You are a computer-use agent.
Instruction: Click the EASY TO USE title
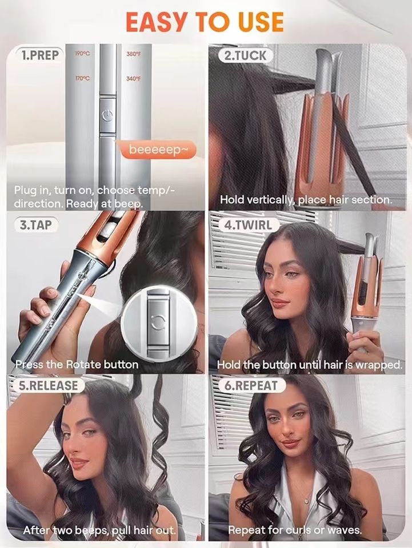pos(205,22)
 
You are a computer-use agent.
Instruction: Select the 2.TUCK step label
pos(245,55)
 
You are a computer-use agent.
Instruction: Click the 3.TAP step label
pos(35,225)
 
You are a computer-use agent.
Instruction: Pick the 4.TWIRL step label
pos(247,225)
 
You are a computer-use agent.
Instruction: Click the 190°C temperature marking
pos(82,54)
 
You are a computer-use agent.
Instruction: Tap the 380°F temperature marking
pos(133,54)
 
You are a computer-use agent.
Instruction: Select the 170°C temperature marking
pos(82,78)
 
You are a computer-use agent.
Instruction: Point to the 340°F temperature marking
pos(133,79)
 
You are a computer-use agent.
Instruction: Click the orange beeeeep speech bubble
pos(157,150)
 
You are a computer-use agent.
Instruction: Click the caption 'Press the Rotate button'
pos(77,365)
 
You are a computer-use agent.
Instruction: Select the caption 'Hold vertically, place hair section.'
pos(306,200)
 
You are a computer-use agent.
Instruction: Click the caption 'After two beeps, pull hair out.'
pos(99,530)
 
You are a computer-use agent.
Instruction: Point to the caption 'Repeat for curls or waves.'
pos(295,530)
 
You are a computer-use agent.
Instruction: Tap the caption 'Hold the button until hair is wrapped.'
pos(310,365)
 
